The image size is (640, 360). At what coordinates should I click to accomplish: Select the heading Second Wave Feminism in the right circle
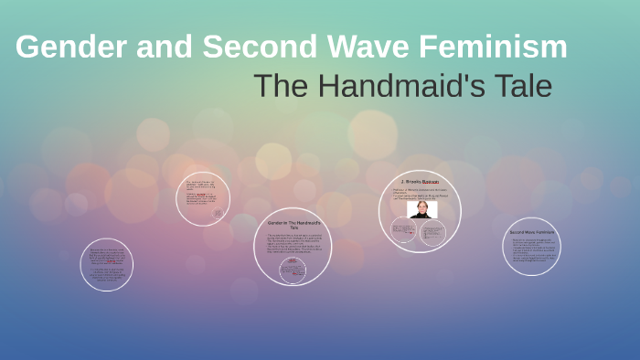pos(531,232)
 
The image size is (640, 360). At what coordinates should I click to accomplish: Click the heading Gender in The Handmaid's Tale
pos(293,224)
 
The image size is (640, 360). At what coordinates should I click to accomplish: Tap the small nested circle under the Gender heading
pos(293,269)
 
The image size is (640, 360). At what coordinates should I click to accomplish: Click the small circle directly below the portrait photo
pos(432,232)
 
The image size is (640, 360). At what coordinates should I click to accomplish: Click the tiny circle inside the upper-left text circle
pos(218,214)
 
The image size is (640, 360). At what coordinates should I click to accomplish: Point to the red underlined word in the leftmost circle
pos(111,261)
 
